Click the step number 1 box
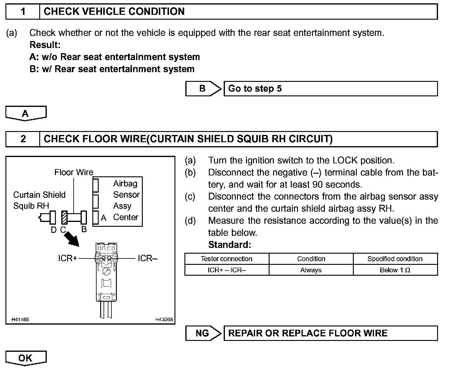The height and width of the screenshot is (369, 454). tap(23, 11)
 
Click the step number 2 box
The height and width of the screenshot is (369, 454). tap(23, 139)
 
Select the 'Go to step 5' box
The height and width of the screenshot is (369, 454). tap(331, 88)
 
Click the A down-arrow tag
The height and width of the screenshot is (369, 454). tap(26, 114)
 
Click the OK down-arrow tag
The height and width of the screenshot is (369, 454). tap(26, 358)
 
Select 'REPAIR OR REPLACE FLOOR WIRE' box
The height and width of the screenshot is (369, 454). tap(331, 333)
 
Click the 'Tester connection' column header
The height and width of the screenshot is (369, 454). tap(226, 259)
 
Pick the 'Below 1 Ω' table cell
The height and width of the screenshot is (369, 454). tap(395, 270)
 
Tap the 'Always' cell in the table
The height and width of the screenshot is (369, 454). tap(311, 270)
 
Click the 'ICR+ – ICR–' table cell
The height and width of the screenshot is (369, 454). tap(226, 270)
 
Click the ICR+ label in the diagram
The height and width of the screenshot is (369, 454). tap(68, 258)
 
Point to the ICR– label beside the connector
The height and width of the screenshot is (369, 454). tap(147, 258)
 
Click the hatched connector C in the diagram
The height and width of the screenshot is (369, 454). tap(64, 217)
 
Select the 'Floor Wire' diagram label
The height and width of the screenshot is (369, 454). tap(74, 172)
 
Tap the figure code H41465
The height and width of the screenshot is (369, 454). tap(20, 319)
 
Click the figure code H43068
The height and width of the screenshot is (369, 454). tap(164, 319)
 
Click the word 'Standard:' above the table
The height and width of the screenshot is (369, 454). tap(229, 245)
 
